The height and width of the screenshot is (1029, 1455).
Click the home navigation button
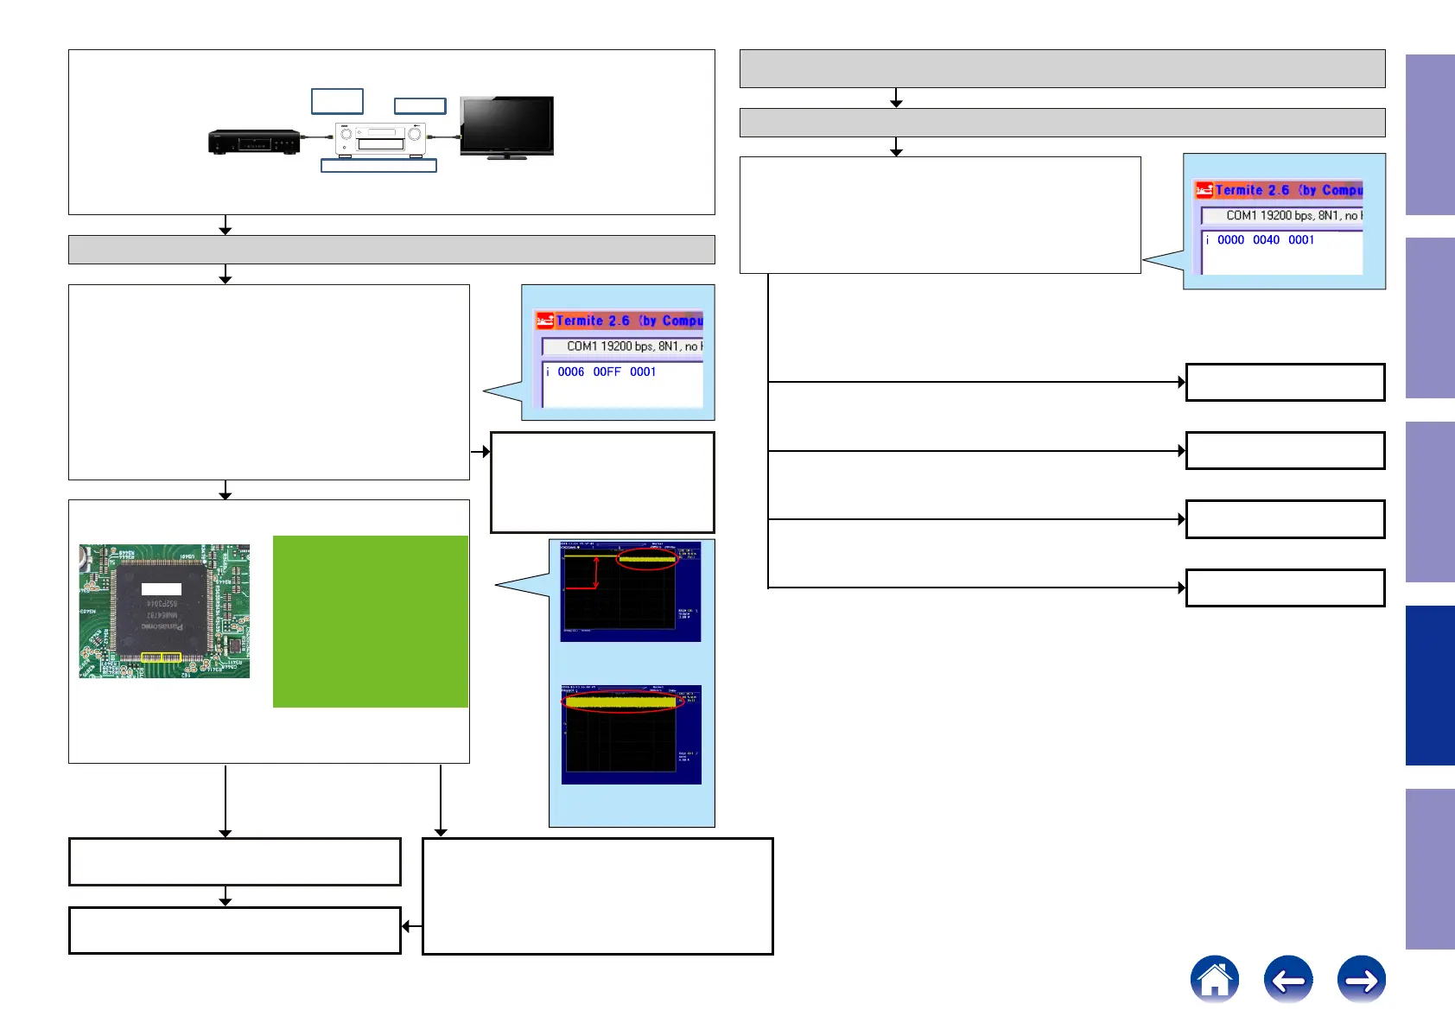(x=1214, y=979)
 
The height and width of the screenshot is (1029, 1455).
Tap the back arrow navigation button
(x=1287, y=980)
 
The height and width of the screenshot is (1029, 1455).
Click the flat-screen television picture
(x=506, y=126)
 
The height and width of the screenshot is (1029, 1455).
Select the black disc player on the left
(x=254, y=141)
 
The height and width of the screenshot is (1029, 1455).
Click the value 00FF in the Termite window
(x=607, y=372)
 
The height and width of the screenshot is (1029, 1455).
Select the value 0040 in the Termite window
(x=1266, y=240)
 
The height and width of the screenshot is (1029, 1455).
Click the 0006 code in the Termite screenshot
(x=570, y=372)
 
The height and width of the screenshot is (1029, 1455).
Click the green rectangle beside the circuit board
(x=370, y=621)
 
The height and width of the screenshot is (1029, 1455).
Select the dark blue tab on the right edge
(x=1429, y=685)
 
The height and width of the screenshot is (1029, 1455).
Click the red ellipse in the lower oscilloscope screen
(x=622, y=702)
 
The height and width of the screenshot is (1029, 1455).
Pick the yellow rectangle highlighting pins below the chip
(x=161, y=657)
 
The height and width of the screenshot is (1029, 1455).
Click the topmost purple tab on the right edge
(x=1429, y=135)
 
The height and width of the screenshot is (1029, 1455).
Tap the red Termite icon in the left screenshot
(x=544, y=321)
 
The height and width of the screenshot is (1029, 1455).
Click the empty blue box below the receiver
(x=378, y=165)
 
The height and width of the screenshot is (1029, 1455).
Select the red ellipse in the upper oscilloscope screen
(x=646, y=559)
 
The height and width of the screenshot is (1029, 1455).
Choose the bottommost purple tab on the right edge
(x=1429, y=868)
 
